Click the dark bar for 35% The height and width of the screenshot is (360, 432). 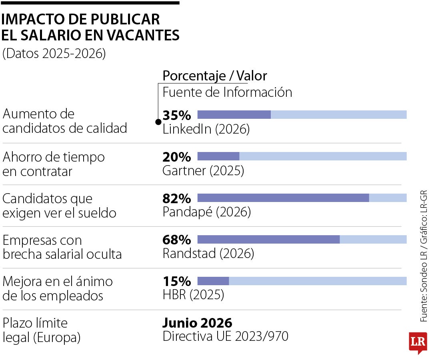234,114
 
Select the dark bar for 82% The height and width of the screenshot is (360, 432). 283,198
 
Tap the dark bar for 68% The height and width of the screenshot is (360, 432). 268,239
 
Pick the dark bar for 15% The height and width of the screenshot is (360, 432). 213,281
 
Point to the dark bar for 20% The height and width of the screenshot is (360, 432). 218,156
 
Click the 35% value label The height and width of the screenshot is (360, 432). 177,115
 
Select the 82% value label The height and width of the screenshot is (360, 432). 177,198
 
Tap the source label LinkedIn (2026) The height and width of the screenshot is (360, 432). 206,129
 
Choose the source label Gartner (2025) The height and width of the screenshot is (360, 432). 203,171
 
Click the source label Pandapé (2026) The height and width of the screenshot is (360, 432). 206,212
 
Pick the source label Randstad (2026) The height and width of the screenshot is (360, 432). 208,254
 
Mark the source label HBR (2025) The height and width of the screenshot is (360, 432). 193,295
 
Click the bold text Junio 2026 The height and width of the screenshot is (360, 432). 197,322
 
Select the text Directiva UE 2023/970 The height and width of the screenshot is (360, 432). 225,337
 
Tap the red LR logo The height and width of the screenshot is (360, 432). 418,342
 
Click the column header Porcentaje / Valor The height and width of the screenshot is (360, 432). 214,76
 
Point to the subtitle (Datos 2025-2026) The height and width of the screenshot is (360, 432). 54,54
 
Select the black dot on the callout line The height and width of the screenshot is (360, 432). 158,122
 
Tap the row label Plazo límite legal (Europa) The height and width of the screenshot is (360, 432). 42,330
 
